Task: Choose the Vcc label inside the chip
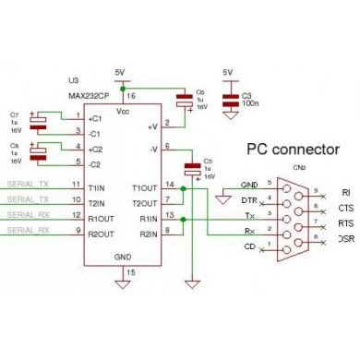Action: point(122,110)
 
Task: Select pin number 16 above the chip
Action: point(129,95)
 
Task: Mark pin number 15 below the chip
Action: point(129,272)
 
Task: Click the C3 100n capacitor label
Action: point(247,99)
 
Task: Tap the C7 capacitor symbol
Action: point(37,120)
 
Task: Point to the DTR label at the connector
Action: point(246,200)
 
